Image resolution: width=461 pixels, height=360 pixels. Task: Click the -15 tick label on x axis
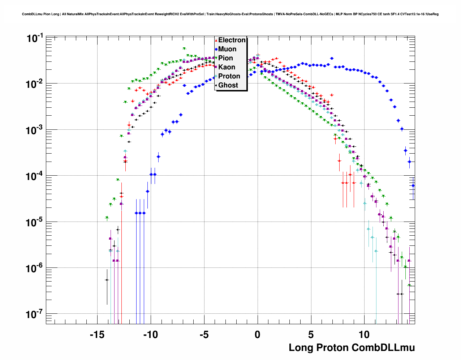click(97, 335)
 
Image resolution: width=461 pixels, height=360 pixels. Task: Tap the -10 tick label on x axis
click(150, 335)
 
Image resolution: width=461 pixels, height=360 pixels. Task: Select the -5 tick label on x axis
click(204, 335)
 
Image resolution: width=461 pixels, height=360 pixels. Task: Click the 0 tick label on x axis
click(257, 335)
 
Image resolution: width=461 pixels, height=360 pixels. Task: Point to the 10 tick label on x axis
click(364, 335)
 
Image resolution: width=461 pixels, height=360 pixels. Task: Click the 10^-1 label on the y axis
click(35, 38)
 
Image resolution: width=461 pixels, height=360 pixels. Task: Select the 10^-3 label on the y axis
click(35, 130)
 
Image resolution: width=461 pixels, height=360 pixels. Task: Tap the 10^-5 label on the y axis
click(35, 222)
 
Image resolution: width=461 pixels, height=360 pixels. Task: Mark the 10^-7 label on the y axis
click(35, 314)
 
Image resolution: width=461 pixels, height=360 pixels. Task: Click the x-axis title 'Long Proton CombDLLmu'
click(352, 348)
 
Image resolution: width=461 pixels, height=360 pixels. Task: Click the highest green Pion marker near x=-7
click(184, 48)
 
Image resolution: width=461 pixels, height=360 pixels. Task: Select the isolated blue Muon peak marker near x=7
click(332, 58)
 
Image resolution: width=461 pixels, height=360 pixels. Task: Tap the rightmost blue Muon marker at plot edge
click(413, 186)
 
